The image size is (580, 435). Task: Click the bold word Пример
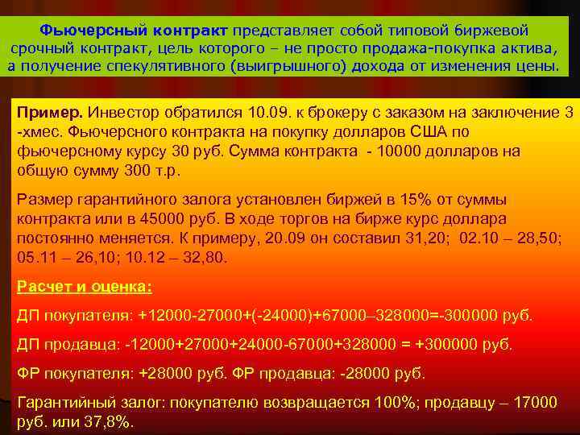(50, 113)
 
